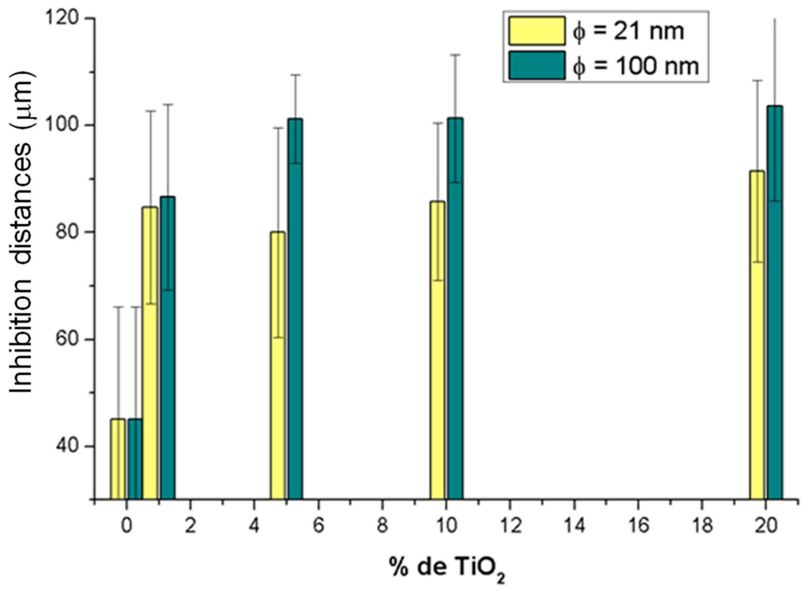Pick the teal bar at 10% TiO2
pyautogui.click(x=455, y=309)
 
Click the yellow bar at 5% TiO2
pyautogui.click(x=278, y=365)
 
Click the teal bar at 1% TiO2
pyautogui.click(x=168, y=347)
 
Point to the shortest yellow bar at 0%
pyautogui.click(x=118, y=459)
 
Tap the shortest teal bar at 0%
pyautogui.click(x=135, y=459)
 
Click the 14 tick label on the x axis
pyautogui.click(x=574, y=526)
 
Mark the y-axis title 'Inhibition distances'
pyautogui.click(x=21, y=233)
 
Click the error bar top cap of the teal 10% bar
pyautogui.click(x=455, y=54)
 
